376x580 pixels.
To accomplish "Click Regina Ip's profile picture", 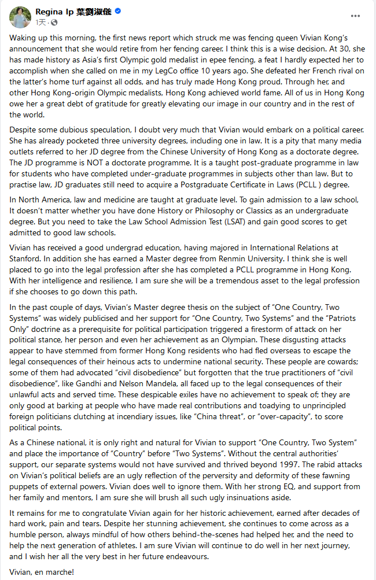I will tap(20, 17).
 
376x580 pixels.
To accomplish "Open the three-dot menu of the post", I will tap(354, 17).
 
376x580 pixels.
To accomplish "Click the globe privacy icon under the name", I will tap(54, 23).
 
